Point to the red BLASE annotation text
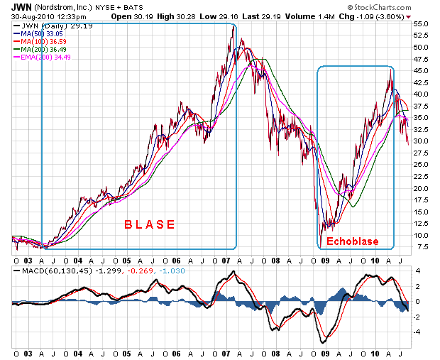click(149, 224)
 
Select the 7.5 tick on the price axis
click(420, 247)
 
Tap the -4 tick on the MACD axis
click(419, 331)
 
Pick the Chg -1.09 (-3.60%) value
click(375, 16)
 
